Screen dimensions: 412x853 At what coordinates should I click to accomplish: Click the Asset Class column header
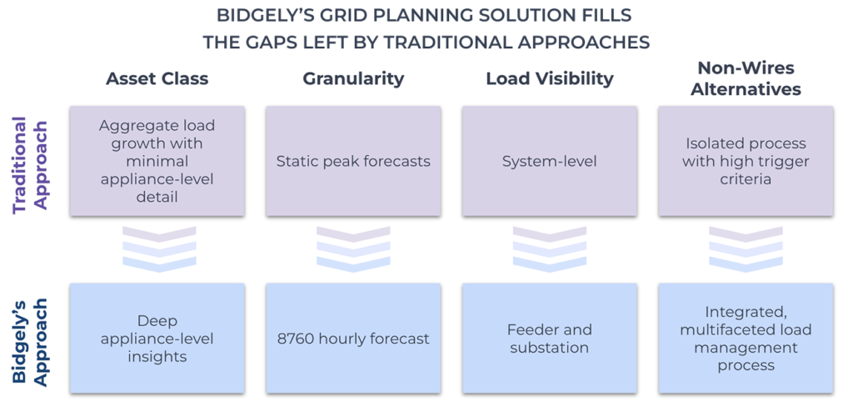(157, 79)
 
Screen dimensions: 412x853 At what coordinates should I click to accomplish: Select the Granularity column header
(353, 79)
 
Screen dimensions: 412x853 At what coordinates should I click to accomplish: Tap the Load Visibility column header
(549, 79)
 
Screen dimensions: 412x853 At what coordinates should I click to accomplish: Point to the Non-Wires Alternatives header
(746, 78)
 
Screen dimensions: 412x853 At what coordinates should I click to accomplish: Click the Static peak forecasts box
(353, 161)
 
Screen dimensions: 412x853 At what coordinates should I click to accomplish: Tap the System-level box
(549, 161)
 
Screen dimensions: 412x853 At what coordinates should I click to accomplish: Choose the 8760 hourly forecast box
(353, 339)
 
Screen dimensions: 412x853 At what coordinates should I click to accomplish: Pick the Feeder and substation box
(549, 339)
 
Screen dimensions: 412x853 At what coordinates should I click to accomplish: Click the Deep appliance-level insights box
(157, 339)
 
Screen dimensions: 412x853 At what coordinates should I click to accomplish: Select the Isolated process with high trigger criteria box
(746, 161)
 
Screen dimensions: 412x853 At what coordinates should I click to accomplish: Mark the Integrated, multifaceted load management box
(746, 339)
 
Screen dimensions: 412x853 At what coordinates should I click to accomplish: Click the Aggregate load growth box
(157, 161)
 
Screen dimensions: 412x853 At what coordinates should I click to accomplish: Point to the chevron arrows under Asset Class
(157, 249)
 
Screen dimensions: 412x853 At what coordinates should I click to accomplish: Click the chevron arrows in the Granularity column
(353, 249)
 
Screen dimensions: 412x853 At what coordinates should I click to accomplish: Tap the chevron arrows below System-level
(549, 249)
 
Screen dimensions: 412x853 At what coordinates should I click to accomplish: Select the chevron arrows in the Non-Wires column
(746, 249)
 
